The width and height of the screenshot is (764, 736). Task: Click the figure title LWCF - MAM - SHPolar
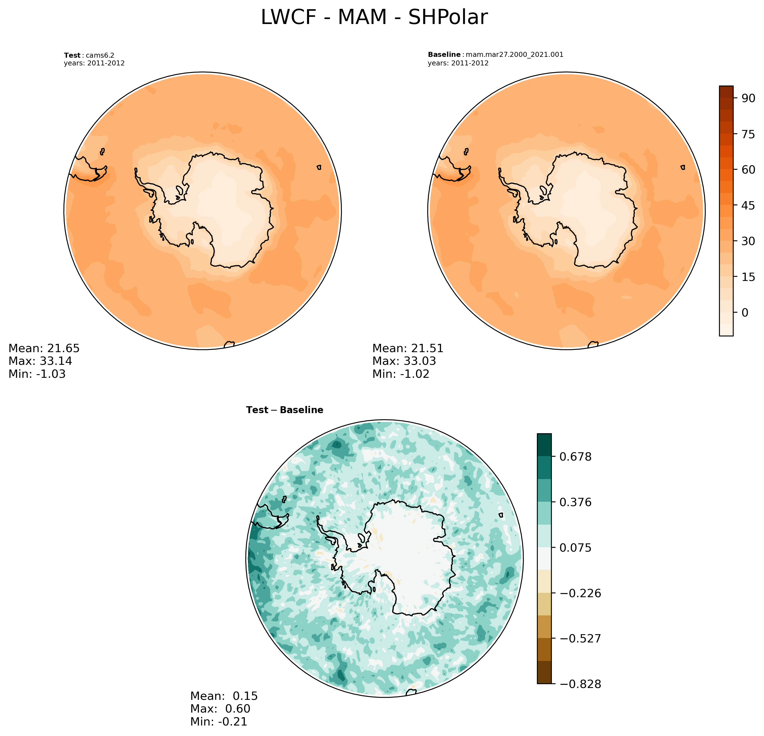[374, 18]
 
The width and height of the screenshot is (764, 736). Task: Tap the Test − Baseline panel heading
[284, 410]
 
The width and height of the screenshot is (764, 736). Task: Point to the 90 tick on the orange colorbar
[748, 98]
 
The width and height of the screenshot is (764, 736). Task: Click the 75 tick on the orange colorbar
[748, 134]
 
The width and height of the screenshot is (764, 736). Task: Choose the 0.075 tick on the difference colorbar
[575, 548]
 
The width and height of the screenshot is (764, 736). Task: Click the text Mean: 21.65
[44, 348]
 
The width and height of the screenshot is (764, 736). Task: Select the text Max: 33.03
[404, 361]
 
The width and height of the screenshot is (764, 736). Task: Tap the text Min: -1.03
[37, 374]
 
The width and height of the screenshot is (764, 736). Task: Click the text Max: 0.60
[220, 709]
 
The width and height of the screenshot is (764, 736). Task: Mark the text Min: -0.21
[219, 722]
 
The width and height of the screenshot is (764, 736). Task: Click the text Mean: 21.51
[408, 348]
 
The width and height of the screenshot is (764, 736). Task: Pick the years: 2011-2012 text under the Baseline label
[458, 63]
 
